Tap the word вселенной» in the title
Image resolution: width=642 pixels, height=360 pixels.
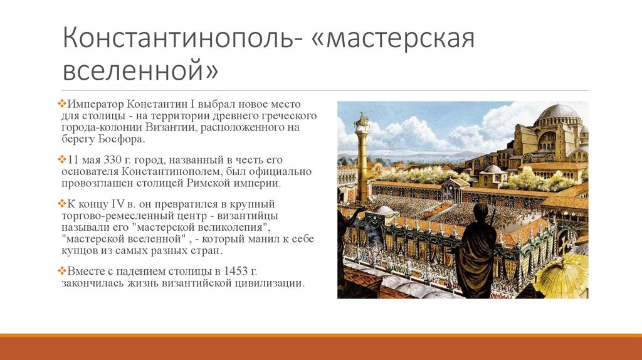140,70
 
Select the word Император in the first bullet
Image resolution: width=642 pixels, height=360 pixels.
95,105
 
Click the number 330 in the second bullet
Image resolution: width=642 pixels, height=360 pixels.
112,160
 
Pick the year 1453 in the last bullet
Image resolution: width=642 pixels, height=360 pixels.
234,271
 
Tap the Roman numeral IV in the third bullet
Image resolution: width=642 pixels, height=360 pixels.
116,204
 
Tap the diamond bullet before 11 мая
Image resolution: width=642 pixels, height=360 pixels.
62,159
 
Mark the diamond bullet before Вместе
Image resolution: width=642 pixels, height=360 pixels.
62,270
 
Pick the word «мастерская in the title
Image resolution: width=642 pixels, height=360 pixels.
392,38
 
